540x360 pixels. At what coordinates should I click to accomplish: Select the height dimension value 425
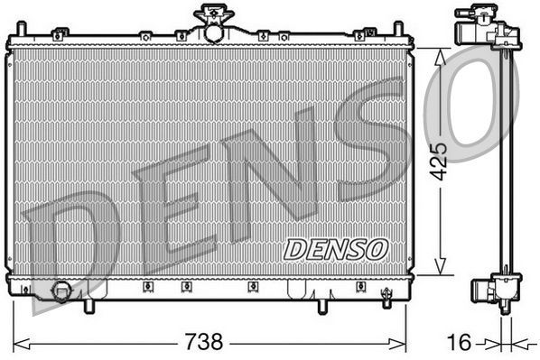click(x=439, y=161)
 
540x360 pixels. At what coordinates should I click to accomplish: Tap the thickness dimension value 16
click(x=461, y=344)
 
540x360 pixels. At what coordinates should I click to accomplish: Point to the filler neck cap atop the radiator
click(x=212, y=15)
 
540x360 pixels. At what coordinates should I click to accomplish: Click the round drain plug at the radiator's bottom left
click(x=62, y=291)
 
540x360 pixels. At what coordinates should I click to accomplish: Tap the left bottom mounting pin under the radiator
click(x=88, y=307)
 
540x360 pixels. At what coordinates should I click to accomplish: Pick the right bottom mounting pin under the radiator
click(x=322, y=307)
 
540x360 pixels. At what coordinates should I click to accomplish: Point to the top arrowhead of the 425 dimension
click(x=440, y=53)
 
